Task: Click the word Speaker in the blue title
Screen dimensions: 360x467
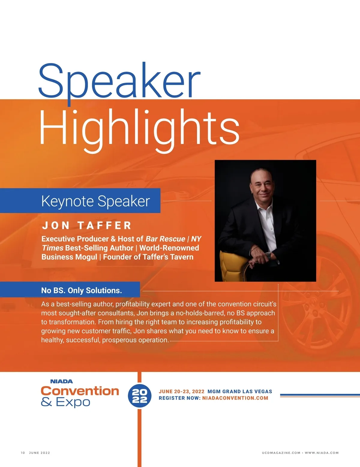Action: point(119,84)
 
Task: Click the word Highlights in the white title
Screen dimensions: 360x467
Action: point(139,131)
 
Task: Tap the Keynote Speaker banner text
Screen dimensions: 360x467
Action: point(95,201)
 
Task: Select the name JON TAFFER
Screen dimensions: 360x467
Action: point(86,225)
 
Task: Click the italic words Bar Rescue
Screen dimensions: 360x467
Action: point(165,239)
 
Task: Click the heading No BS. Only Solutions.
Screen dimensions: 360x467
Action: point(82,290)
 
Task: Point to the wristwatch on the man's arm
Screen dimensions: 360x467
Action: point(268,256)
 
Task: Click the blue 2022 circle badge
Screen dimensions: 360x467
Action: point(139,396)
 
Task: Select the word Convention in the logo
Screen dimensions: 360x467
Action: point(80,391)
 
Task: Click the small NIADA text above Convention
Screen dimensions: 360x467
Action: point(61,382)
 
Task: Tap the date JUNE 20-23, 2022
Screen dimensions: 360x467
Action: point(181,391)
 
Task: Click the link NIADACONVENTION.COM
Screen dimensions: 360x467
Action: point(235,398)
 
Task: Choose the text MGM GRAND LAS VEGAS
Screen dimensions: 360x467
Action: point(240,391)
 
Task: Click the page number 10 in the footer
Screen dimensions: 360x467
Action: point(23,453)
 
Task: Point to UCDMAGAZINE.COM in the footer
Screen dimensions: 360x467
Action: point(281,453)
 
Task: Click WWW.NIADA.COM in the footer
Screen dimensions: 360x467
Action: point(322,453)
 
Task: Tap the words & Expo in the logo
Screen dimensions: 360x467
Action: point(65,402)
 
